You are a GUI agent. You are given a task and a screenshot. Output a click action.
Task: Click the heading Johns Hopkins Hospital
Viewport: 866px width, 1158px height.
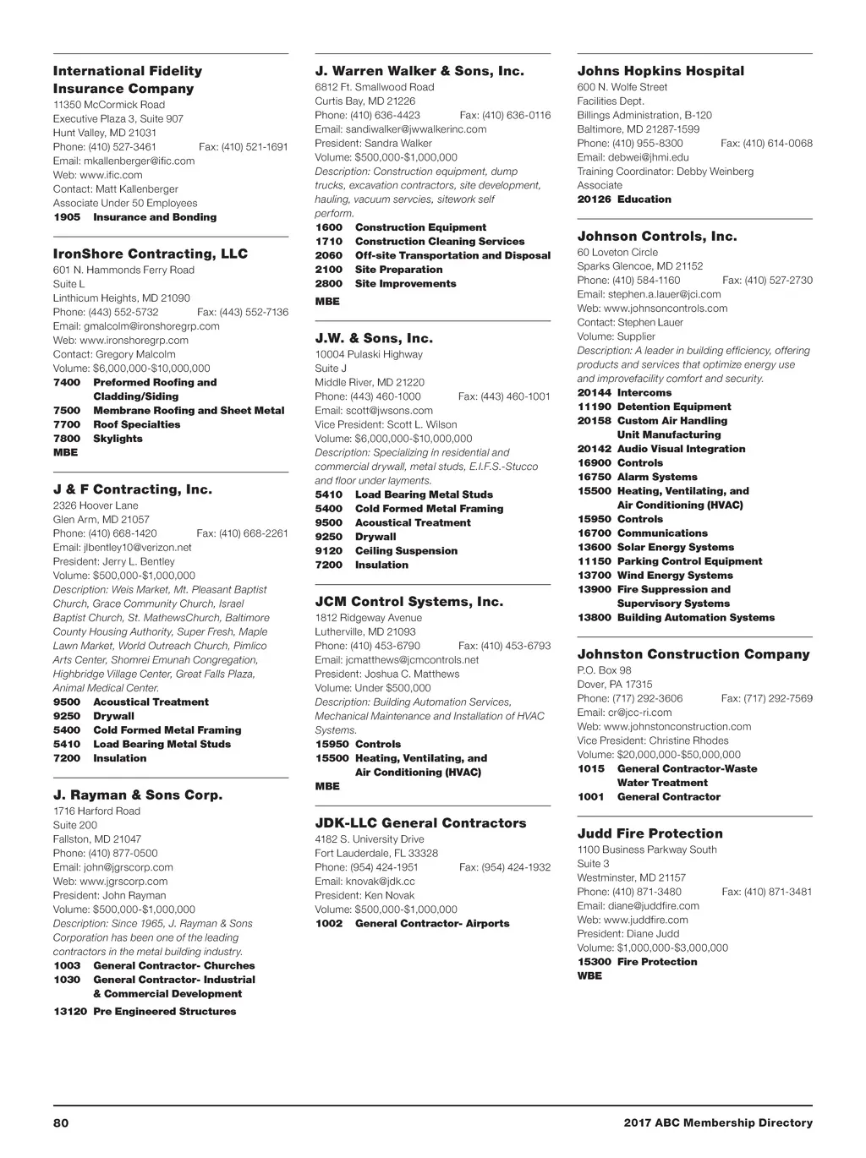[x=660, y=71]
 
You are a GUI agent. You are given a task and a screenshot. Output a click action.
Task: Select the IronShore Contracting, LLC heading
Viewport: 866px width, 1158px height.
[x=150, y=254]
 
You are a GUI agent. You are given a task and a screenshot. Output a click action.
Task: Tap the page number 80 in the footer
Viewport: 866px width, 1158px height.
[x=60, y=1122]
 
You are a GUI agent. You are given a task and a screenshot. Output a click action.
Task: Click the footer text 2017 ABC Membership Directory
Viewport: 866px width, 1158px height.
[x=718, y=1122]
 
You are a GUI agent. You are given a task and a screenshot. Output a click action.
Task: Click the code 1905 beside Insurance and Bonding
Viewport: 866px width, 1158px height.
[x=67, y=217]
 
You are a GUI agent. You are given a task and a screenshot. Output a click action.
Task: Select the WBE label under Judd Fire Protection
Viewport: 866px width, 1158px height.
[x=589, y=975]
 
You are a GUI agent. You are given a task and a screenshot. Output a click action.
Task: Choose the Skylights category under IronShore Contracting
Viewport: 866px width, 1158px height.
[x=118, y=439]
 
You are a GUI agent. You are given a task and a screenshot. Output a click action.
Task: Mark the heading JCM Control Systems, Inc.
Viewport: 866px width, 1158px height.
[x=408, y=602]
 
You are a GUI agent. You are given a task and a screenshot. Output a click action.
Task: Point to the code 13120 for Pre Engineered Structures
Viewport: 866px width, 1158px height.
[x=70, y=1011]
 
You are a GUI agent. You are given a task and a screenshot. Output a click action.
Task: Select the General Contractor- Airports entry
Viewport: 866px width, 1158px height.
[x=432, y=923]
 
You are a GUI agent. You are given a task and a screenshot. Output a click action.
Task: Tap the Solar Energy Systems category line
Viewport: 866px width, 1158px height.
[x=675, y=547]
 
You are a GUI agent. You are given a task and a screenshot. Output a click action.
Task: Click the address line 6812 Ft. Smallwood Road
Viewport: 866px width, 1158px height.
[x=374, y=87]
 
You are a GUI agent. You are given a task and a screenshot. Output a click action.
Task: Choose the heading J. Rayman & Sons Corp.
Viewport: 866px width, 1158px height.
[x=138, y=795]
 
